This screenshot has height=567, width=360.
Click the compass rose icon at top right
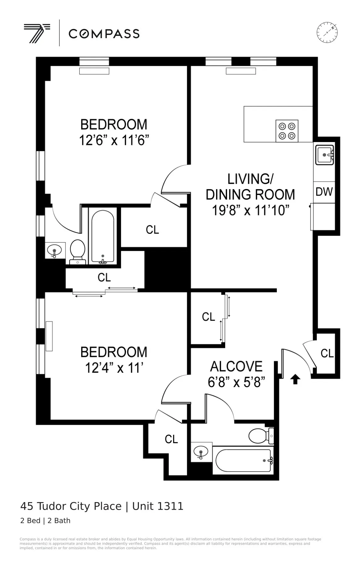(x=327, y=32)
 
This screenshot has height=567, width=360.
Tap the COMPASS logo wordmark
(x=104, y=34)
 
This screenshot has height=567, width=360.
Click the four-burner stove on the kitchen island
(x=287, y=131)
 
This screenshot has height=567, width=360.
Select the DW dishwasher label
(x=324, y=192)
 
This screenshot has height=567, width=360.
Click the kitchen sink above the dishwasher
(x=325, y=155)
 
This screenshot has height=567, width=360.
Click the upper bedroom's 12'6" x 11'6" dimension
(x=114, y=140)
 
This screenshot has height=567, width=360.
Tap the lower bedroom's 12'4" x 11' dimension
(x=114, y=368)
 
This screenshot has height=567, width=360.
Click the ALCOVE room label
(x=236, y=366)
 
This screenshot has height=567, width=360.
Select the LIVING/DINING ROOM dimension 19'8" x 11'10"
(x=250, y=210)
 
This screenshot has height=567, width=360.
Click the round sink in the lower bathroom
(x=201, y=452)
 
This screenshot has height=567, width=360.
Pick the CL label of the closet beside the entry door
(x=327, y=353)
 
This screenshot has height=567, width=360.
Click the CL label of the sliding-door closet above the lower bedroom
(x=104, y=278)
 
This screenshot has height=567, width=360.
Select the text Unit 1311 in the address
(x=157, y=506)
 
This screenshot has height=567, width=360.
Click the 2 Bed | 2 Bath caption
(x=45, y=521)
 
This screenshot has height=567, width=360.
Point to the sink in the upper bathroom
(x=54, y=251)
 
